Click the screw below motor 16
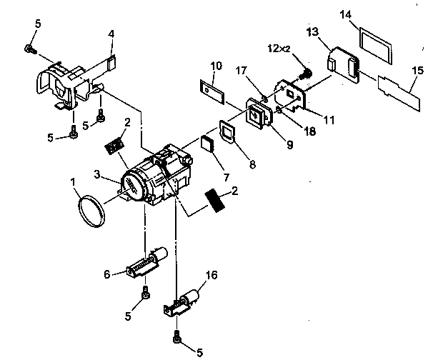[x=176, y=333]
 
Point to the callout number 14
[x=367, y=14]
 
